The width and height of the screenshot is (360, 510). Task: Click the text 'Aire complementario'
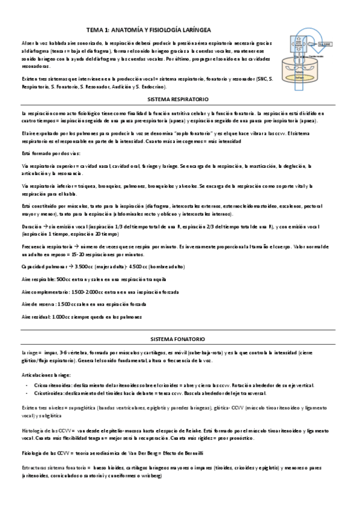(x=43, y=291)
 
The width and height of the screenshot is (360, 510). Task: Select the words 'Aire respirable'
(x=38, y=278)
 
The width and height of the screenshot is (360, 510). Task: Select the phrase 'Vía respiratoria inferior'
(x=48, y=186)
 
